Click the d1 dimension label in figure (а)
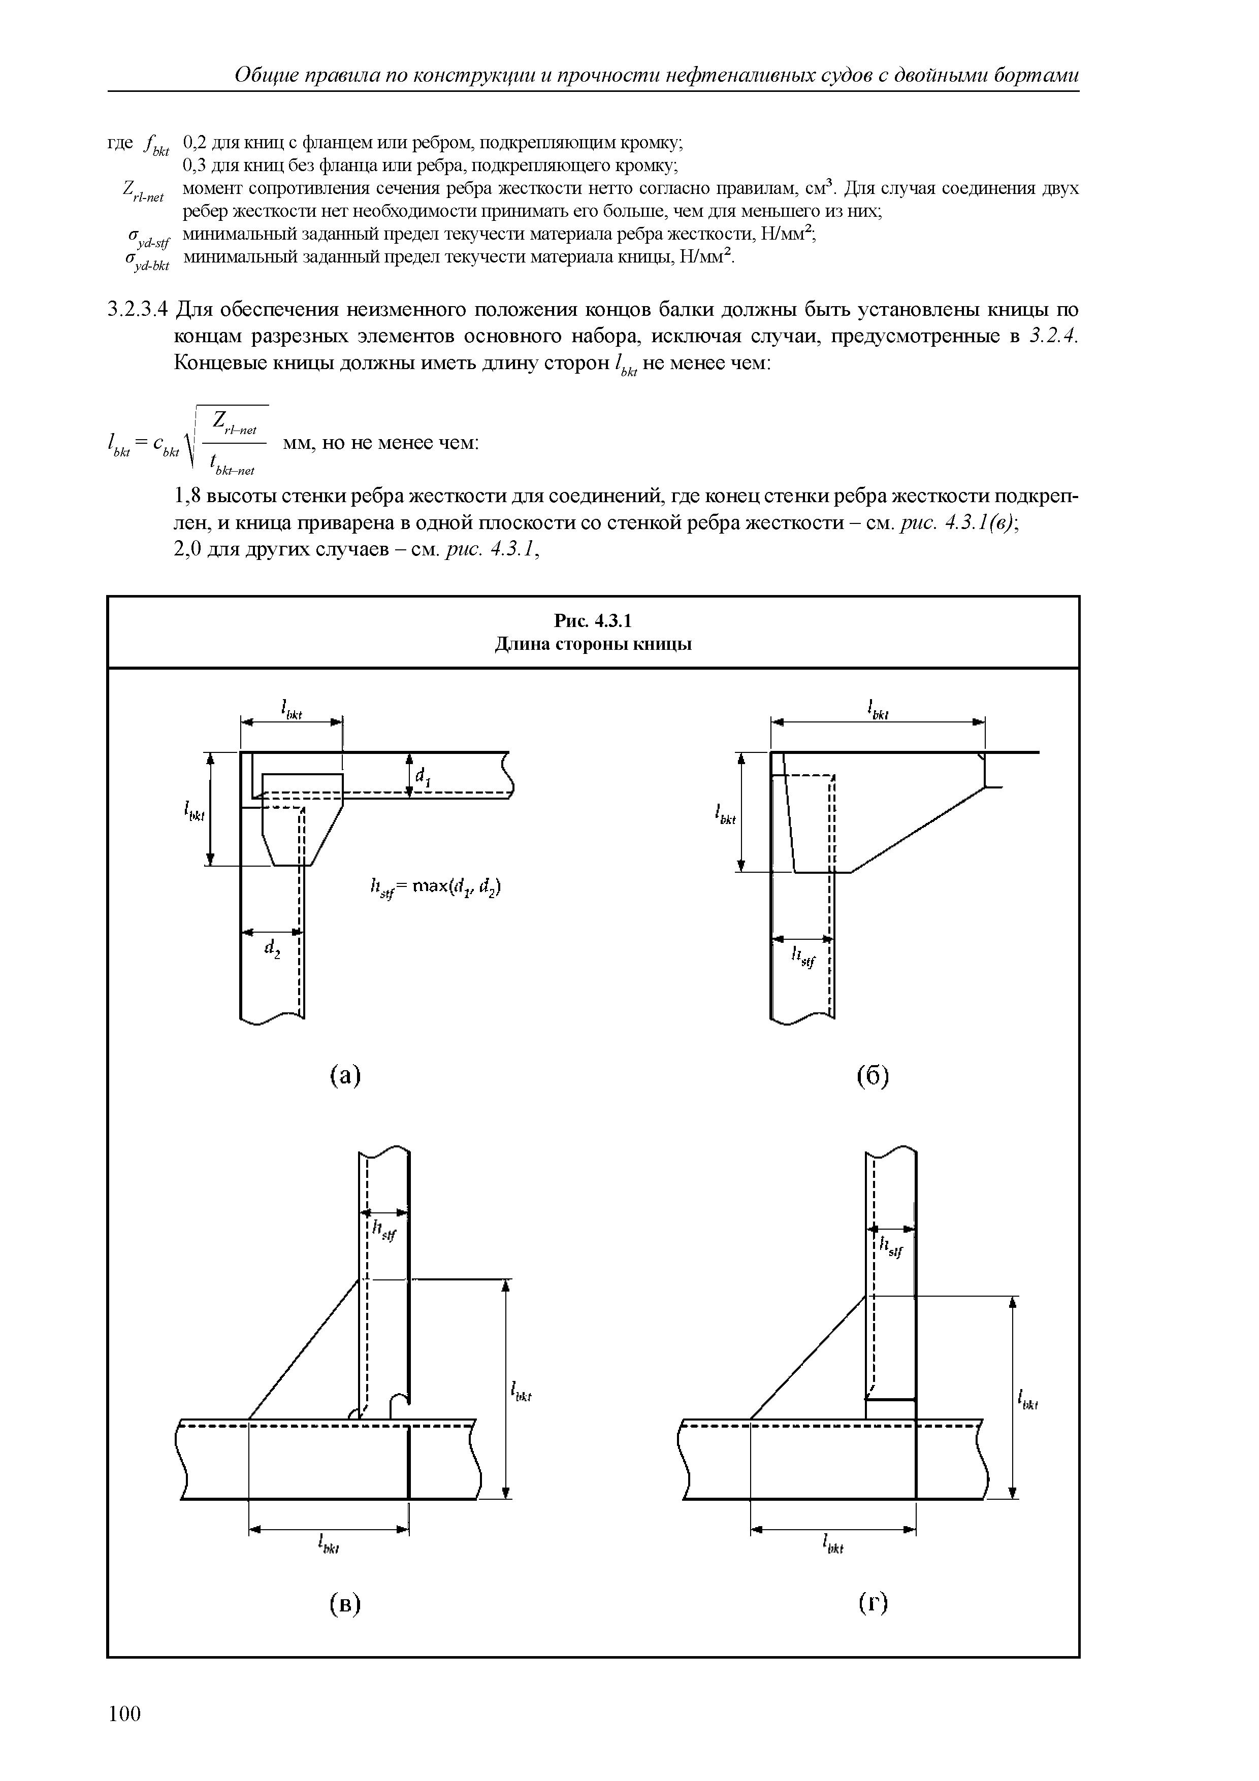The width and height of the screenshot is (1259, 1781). click(423, 776)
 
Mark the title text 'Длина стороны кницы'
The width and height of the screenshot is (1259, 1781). click(593, 645)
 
